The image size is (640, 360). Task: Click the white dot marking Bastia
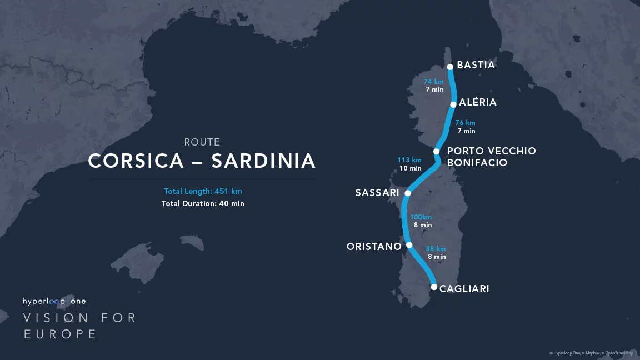point(450,67)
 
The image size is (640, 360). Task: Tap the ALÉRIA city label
point(478,103)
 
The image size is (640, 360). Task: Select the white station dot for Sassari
point(407,193)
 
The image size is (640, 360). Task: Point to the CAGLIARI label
point(464,289)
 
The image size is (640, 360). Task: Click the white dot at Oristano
point(409,245)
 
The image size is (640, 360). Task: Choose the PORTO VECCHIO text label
point(491,151)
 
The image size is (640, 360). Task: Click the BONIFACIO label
point(477,163)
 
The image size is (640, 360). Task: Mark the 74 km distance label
point(433,82)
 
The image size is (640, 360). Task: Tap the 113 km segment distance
point(409,160)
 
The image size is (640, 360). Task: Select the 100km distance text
point(421,217)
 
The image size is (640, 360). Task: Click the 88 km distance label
point(436,249)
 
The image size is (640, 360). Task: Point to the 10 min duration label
point(411,168)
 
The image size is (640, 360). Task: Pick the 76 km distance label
point(465,123)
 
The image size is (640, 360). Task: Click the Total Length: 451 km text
point(203,192)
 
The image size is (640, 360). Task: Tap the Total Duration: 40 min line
point(203,204)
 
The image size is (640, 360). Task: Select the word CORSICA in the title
point(136,161)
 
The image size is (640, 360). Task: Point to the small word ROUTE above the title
point(202,142)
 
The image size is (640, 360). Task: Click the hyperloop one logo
point(54,301)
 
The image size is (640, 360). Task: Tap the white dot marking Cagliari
point(434,287)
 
